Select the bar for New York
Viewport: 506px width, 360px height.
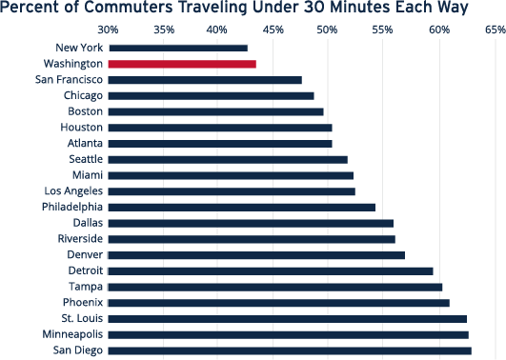point(177,48)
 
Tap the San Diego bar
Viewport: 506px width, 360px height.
point(290,350)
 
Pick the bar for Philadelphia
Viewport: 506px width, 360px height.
point(242,207)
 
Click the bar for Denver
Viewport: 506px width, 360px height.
point(256,255)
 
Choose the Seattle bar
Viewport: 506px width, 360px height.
point(228,159)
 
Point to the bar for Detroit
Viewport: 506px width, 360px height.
point(271,270)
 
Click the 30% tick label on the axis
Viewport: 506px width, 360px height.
point(109,30)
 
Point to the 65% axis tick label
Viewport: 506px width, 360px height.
point(495,30)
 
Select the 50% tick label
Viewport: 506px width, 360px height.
point(329,30)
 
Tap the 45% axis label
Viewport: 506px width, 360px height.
point(273,30)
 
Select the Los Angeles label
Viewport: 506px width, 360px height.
point(72,190)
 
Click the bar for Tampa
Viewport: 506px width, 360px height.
point(275,287)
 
